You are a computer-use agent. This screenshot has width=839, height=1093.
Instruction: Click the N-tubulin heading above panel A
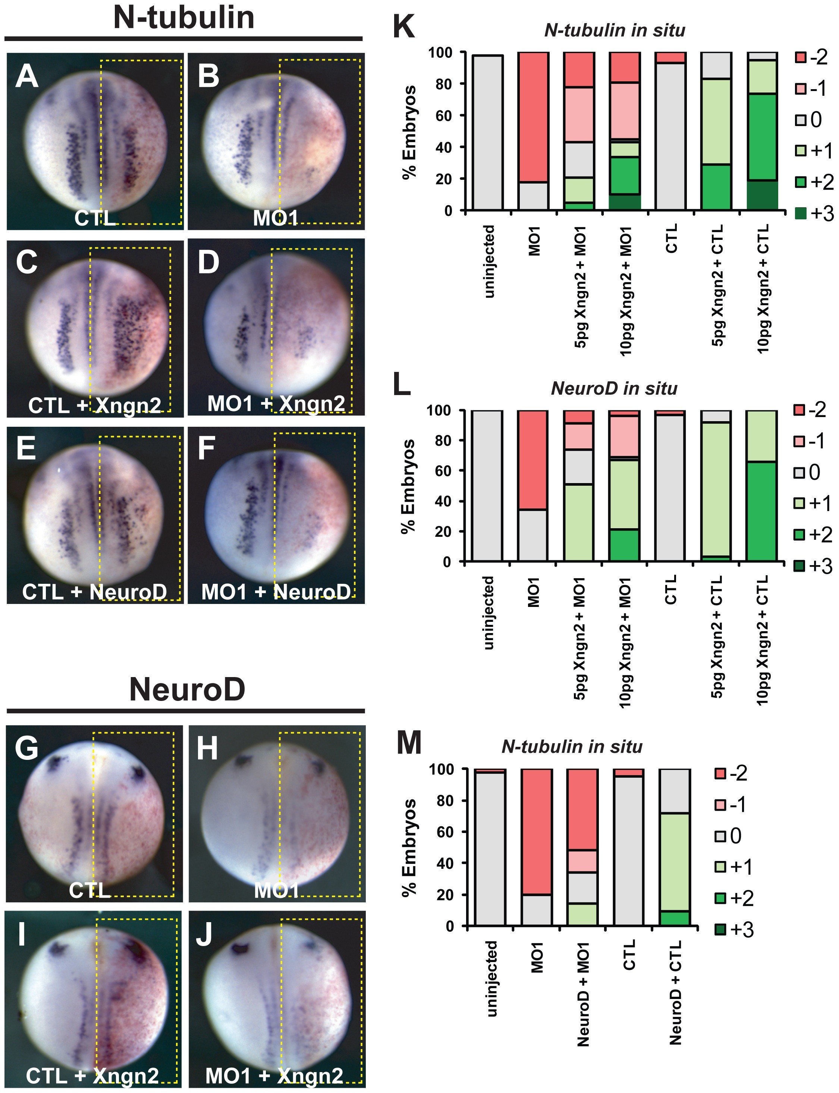[184, 18]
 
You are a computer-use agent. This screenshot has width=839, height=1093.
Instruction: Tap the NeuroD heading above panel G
[187, 689]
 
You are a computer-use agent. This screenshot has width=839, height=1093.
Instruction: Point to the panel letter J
[204, 935]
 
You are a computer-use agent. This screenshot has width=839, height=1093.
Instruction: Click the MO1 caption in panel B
[275, 218]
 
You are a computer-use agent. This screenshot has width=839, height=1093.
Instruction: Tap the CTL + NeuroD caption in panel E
[94, 592]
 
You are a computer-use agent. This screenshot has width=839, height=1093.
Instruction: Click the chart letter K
[403, 26]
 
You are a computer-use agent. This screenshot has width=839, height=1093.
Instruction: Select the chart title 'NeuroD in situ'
[614, 388]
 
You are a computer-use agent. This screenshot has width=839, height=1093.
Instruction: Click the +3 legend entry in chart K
[814, 214]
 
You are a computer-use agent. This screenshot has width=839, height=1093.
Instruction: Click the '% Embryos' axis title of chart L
[409, 486]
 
